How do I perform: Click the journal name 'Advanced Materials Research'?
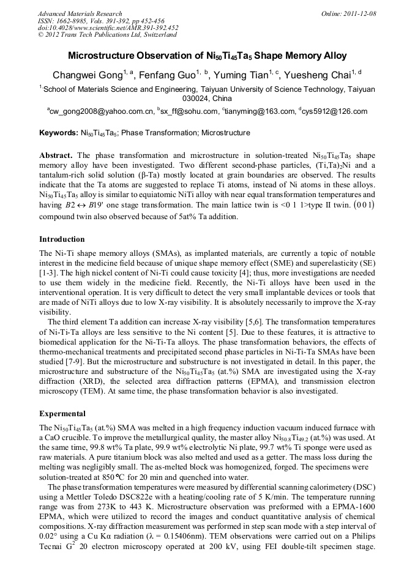tap(80, 13)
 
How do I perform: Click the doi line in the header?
tap(108, 28)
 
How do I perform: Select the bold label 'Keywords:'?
tap(58, 132)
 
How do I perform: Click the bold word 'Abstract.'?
tap(56, 155)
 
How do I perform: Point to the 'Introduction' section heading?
tap(62, 239)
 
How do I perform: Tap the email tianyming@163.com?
tap(263, 111)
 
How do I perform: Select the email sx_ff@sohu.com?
tap(189, 111)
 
